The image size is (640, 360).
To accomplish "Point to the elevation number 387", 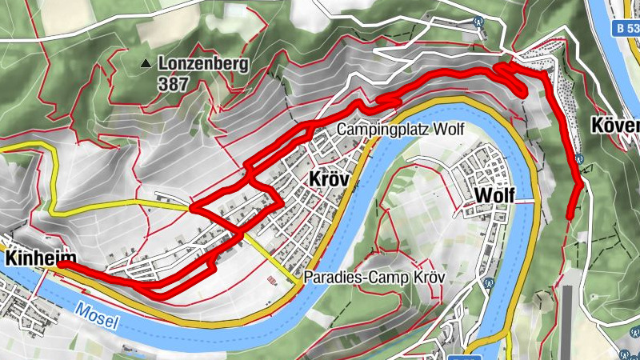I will [x=174, y=82].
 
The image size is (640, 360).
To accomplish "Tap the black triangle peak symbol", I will [x=146, y=63].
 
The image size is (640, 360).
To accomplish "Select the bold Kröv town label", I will [x=328, y=180].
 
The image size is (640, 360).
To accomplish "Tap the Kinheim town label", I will [x=40, y=258].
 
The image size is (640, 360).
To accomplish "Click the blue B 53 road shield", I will [x=629, y=28].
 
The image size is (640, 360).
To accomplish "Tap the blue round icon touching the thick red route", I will [x=578, y=158].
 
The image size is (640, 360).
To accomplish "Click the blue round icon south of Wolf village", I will [x=485, y=282].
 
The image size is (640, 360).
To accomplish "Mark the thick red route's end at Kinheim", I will [x=61, y=264].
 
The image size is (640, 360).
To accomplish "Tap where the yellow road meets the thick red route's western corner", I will [x=193, y=208].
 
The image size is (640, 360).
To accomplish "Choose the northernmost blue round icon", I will [x=479, y=22].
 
